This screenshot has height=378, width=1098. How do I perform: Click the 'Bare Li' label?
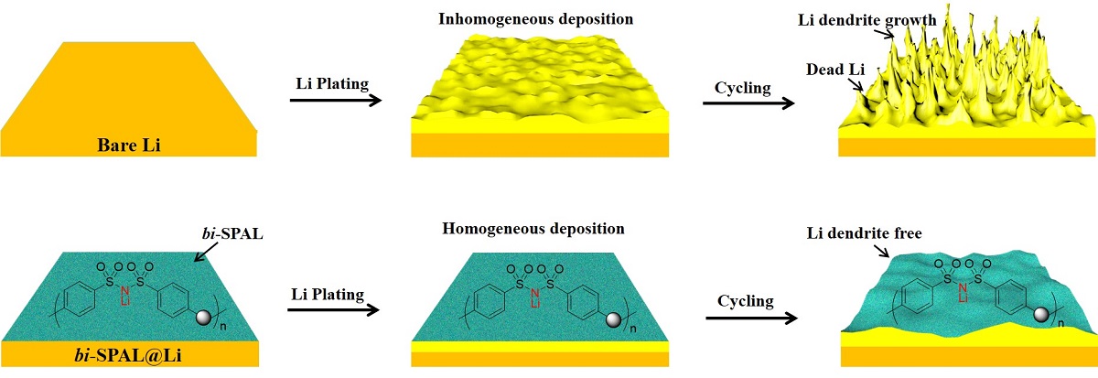click(x=128, y=145)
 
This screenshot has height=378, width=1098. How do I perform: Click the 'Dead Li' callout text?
click(x=830, y=70)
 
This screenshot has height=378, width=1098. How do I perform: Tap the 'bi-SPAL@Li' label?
click(x=128, y=354)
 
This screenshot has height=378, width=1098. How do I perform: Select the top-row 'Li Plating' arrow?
click(x=335, y=99)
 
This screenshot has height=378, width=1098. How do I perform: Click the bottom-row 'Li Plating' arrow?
click(x=335, y=308)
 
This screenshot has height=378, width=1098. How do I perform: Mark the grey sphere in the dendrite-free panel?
click(x=1040, y=314)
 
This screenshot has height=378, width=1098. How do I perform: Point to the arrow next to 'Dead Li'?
click(x=856, y=86)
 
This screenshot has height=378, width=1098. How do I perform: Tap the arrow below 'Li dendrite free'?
click(x=884, y=251)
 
